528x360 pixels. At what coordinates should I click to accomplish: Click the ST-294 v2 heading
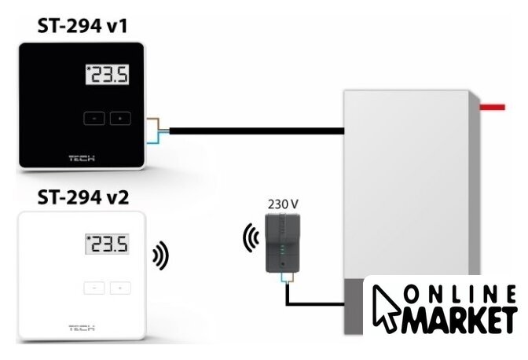pyautogui.click(x=82, y=197)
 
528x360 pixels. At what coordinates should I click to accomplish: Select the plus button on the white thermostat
pyautogui.click(x=119, y=288)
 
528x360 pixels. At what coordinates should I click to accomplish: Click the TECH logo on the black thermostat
pyautogui.click(x=82, y=156)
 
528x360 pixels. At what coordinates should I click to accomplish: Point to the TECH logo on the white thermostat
pyautogui.click(x=82, y=327)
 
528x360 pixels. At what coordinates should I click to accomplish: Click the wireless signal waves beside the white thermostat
pyautogui.click(x=160, y=255)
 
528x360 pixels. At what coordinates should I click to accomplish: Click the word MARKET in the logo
pyautogui.click(x=459, y=320)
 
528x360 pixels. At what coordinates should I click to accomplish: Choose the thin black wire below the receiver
pyautogui.click(x=314, y=303)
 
